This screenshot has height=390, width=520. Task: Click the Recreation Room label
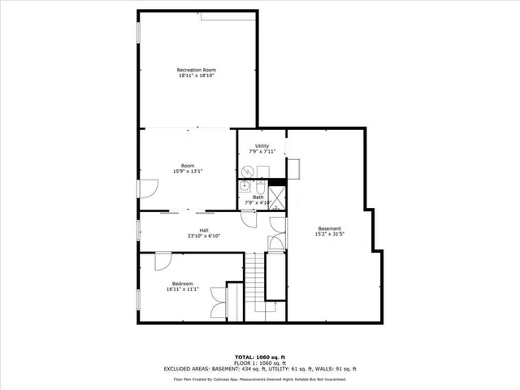point(197,70)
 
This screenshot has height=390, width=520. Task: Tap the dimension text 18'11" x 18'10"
point(197,76)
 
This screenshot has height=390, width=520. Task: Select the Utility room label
point(262,145)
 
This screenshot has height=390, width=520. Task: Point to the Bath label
point(258,197)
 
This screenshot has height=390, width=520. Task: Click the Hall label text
point(193,230)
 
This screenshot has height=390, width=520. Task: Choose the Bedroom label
point(181,283)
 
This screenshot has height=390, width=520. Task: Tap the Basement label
point(329,228)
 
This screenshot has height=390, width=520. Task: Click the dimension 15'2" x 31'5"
point(329,235)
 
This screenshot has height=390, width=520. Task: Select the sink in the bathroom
point(244,186)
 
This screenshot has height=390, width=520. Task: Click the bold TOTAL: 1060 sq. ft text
point(259,357)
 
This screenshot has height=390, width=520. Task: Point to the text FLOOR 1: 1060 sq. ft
point(259,362)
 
